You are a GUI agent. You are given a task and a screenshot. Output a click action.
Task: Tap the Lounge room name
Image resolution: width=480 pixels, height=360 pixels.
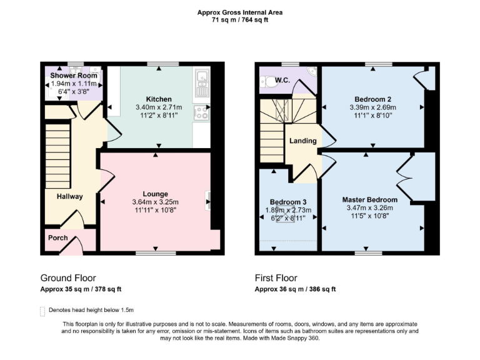155,194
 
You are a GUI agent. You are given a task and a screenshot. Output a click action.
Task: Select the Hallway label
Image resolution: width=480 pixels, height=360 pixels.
70,196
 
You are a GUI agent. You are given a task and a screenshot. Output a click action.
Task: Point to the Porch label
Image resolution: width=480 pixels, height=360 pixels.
58,238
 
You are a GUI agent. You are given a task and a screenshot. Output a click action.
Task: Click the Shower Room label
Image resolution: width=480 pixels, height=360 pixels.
74,76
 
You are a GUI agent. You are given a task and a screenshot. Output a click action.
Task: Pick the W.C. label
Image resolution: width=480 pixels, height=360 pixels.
282,79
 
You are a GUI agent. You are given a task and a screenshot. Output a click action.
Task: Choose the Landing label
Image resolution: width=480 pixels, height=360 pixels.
302,141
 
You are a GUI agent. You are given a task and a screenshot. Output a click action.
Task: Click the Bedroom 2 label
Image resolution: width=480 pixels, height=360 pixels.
373,99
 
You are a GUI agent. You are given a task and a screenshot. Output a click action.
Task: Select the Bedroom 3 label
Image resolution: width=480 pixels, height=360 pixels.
288,202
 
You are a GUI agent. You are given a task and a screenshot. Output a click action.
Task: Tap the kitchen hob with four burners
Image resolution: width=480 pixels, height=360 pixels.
201,113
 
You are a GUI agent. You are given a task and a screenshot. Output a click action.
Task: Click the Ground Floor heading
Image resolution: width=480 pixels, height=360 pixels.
68,278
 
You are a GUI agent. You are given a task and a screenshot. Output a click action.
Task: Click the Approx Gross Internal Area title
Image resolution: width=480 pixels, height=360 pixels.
239,12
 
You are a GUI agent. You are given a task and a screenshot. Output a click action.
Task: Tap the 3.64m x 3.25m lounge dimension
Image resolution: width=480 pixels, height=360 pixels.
155,202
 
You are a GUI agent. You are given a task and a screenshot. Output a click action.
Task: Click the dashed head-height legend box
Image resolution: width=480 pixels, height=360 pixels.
42,311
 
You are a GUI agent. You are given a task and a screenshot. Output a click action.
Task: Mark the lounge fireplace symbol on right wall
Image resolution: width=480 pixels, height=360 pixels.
207,201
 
